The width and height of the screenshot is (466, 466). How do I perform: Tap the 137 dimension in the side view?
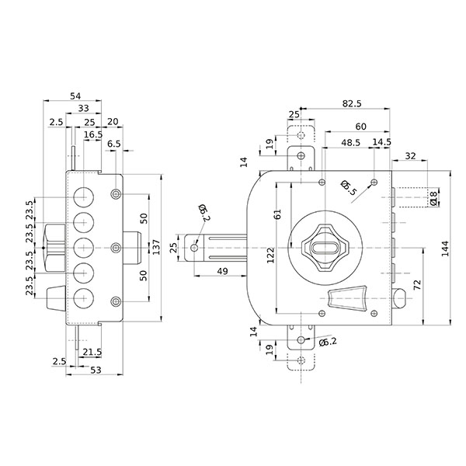(x=156, y=247)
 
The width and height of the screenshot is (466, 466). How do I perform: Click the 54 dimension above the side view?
(x=75, y=96)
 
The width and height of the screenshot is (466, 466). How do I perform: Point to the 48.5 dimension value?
(x=350, y=142)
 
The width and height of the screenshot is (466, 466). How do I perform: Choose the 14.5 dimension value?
(x=381, y=142)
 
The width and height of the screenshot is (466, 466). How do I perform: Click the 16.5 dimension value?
(x=93, y=134)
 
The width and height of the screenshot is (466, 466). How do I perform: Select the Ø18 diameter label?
(x=434, y=199)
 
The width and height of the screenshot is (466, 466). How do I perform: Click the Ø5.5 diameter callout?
(x=349, y=187)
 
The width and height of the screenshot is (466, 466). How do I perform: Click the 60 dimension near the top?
(x=361, y=126)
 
